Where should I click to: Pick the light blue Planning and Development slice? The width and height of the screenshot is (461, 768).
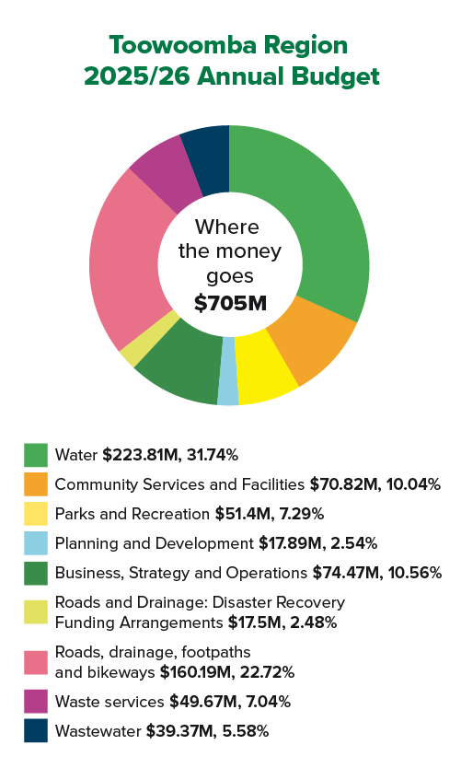tap(228, 371)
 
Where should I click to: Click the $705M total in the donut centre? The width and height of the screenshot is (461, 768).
tap(229, 302)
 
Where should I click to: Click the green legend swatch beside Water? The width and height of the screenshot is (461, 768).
tap(36, 455)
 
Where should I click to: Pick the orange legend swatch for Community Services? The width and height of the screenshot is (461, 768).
tap(36, 484)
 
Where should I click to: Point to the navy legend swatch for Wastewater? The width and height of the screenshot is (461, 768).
tap(36, 731)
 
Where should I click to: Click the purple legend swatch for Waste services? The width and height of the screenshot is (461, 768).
tap(36, 702)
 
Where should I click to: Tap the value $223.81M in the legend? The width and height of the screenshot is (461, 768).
tap(135, 455)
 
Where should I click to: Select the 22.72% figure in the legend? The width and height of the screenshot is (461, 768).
tap(263, 672)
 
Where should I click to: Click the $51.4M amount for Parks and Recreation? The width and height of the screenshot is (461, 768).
tap(240, 514)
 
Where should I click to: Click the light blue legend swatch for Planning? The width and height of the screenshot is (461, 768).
tap(36, 543)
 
